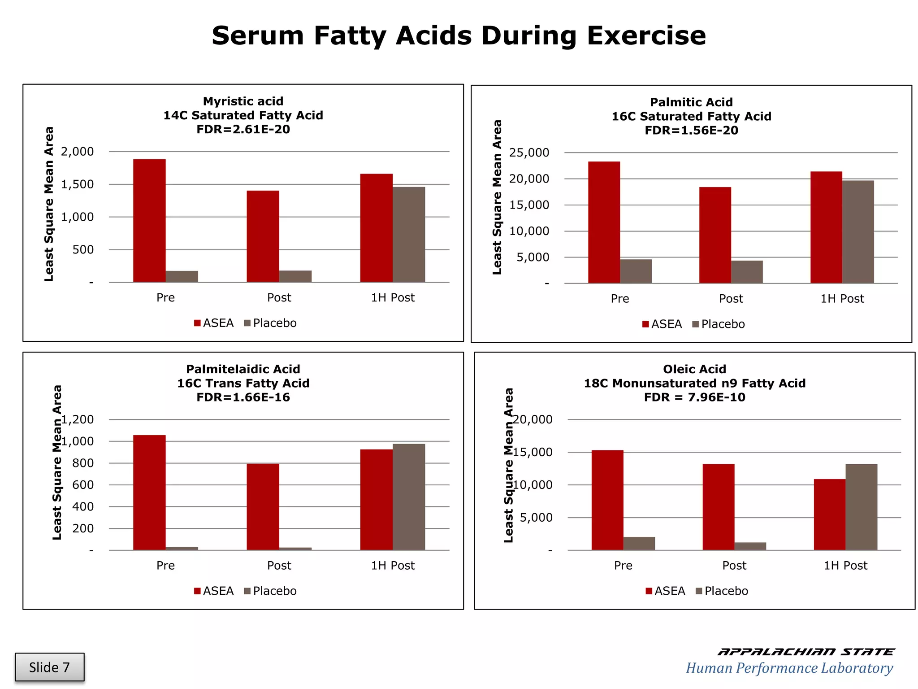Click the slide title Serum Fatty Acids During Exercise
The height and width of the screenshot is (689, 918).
click(x=459, y=36)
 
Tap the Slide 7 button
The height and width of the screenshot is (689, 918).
click(x=49, y=667)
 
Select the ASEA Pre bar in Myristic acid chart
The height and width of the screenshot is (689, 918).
click(x=149, y=221)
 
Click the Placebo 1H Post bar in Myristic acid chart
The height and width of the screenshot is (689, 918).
click(x=409, y=235)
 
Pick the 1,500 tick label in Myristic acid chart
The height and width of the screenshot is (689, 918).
click(x=77, y=184)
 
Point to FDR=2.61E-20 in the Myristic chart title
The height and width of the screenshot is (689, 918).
click(x=243, y=130)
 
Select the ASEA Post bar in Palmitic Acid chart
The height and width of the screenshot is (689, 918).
click(x=715, y=235)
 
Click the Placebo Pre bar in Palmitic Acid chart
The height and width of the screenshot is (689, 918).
click(x=636, y=271)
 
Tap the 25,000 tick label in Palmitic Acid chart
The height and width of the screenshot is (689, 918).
click(x=529, y=153)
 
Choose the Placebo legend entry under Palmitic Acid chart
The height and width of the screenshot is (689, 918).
click(x=718, y=324)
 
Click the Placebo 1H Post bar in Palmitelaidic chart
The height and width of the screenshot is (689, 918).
click(x=409, y=497)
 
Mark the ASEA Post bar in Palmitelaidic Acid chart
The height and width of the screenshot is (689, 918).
click(x=263, y=507)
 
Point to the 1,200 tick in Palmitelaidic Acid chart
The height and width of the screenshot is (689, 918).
click(x=78, y=419)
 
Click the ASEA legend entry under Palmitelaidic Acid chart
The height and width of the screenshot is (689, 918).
click(x=214, y=591)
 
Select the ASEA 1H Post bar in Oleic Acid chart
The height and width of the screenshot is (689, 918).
click(x=829, y=515)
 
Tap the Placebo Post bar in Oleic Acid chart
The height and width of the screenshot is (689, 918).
click(x=750, y=546)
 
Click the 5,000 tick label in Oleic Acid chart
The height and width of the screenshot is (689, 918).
click(x=536, y=518)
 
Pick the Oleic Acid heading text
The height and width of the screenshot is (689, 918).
click(x=694, y=369)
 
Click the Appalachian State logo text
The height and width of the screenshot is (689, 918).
click(x=805, y=652)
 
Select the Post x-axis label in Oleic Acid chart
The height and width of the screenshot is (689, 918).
click(x=734, y=565)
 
